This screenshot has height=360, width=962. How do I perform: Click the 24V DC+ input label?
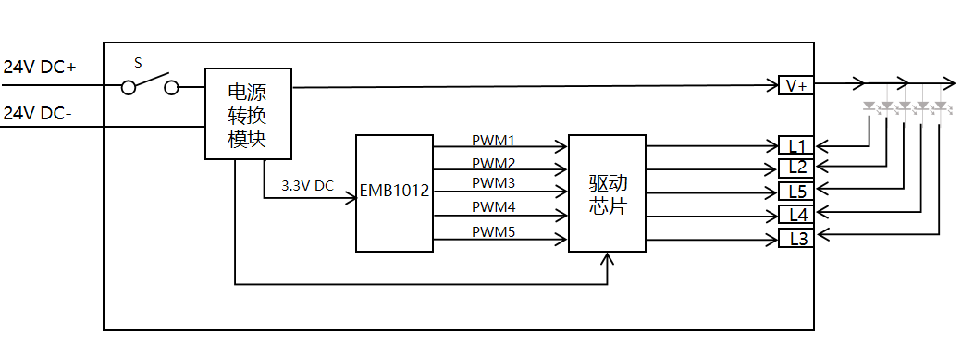pos(40,68)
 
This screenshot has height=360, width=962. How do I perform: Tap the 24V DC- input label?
pos(37,114)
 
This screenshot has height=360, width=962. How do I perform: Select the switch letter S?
pos(138,62)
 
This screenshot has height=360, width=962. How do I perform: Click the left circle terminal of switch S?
pos(129,88)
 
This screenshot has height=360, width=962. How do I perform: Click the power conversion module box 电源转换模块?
pos(248,114)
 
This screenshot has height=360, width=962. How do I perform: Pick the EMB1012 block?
pos(394,192)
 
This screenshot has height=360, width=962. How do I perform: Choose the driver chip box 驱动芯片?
pos(608,192)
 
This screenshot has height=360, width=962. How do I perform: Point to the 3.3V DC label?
pos(307,186)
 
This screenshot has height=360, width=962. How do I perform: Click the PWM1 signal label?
pos(493,141)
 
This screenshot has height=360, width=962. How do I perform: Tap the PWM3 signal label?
pos(493,183)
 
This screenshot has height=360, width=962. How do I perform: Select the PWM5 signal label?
pos(493,232)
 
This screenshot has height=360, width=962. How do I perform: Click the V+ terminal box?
pos(795,85)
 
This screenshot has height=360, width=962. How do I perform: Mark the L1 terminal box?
pos(795,145)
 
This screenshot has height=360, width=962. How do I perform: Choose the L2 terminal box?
pos(795,168)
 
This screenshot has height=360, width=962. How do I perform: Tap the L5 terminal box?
pos(795,191)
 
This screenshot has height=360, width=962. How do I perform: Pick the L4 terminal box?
pos(795,215)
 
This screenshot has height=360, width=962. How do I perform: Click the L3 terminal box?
pos(795,238)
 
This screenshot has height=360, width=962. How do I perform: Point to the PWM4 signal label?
pos(493,207)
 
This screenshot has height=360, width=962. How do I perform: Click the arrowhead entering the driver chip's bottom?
pos(608,258)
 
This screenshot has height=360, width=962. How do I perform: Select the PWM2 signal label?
pos(493,164)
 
